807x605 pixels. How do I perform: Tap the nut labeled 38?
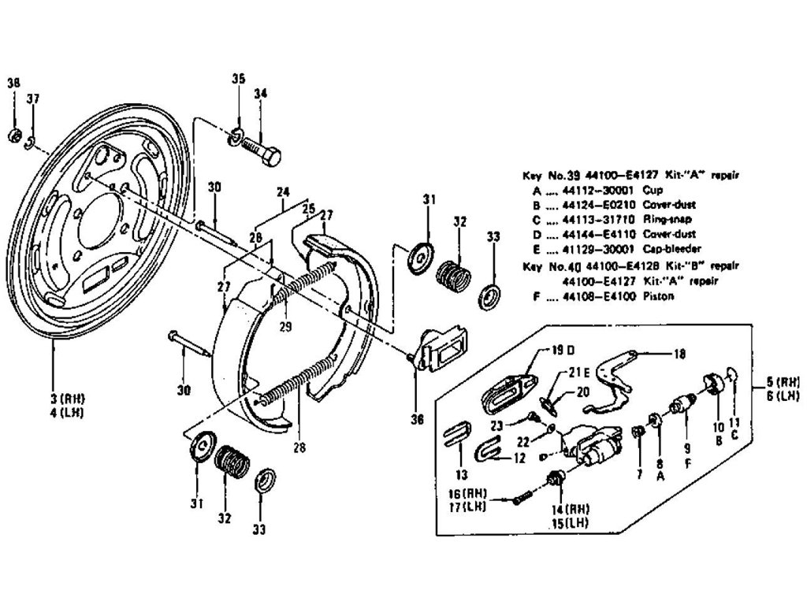click(x=13, y=136)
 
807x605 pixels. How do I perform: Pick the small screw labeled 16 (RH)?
click(x=521, y=499)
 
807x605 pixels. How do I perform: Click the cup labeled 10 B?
click(x=716, y=383)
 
